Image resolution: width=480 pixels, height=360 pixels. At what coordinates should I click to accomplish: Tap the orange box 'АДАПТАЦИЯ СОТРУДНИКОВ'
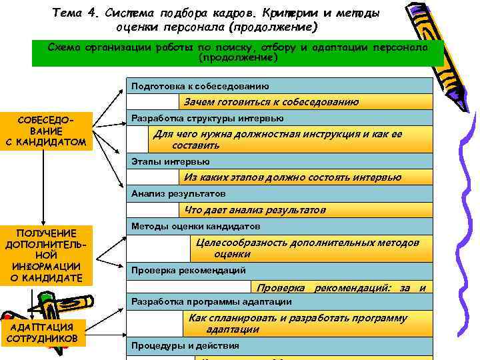pos(42,332)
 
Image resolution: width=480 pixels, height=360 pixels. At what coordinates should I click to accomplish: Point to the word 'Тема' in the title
pos(66,13)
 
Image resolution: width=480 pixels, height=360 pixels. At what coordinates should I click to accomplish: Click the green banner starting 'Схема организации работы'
pos(237,53)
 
